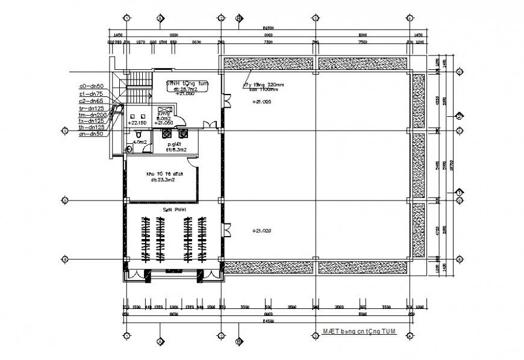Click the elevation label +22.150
[137, 122]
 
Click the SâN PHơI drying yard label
[175, 210]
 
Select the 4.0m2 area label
[140, 143]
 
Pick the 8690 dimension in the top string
[196, 42]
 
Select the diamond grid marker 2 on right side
[458, 116]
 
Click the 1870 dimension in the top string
[141, 42]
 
